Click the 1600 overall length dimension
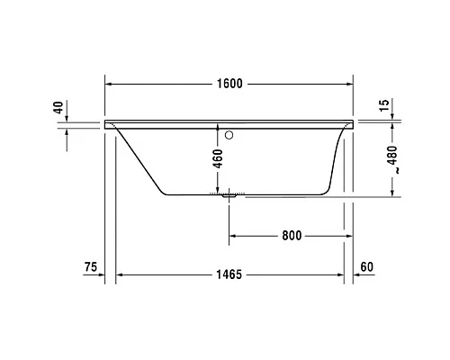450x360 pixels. click(x=230, y=84)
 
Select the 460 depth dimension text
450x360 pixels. click(x=217, y=158)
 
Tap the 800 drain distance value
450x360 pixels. click(x=290, y=236)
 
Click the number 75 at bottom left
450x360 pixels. click(x=89, y=266)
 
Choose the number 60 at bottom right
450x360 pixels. click(x=367, y=266)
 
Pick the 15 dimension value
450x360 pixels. click(x=384, y=105)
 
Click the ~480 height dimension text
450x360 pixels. click(x=391, y=162)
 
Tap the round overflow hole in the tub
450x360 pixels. click(x=229, y=137)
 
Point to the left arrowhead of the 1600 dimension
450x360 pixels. click(x=110, y=84)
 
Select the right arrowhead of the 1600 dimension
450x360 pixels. click(x=349, y=84)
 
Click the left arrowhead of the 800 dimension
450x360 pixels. click(x=234, y=236)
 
